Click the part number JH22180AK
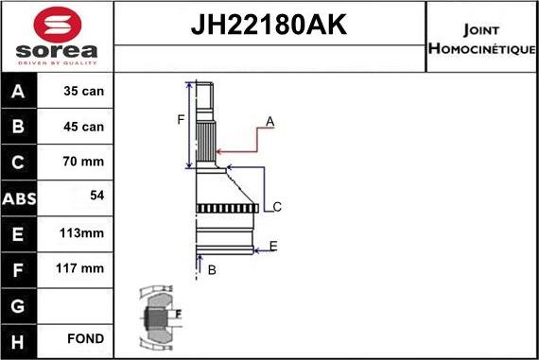pos(269,26)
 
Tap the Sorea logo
pos(56,35)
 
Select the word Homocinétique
pos(482,48)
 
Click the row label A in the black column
pos(20,93)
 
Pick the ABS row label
pos(20,198)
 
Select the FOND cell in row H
pos(86,338)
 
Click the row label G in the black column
pos(20,304)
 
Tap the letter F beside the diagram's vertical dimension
pos(180,119)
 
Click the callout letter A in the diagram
pos(269,122)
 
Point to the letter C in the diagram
pos(276,207)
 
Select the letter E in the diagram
pos(272,247)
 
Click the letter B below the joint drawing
pos(212,270)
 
